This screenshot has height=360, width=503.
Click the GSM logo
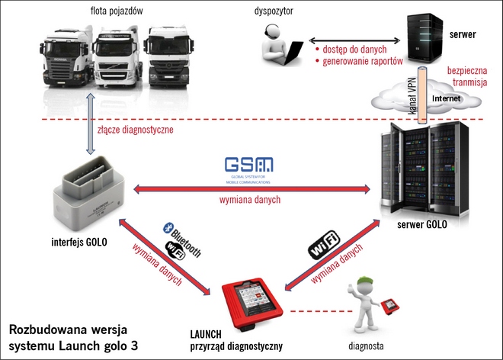(x=249, y=166)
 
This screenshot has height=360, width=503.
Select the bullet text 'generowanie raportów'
(x=357, y=63)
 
